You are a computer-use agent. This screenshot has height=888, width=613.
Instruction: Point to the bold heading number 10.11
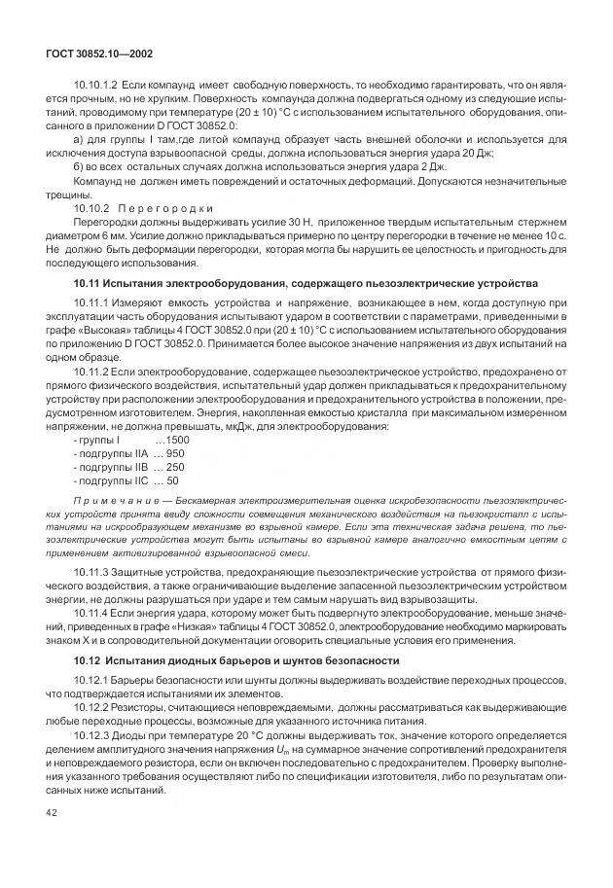[89, 283]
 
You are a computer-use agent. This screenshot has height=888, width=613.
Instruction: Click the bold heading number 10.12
[89, 660]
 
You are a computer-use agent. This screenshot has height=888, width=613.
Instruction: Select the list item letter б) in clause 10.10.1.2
[79, 167]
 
